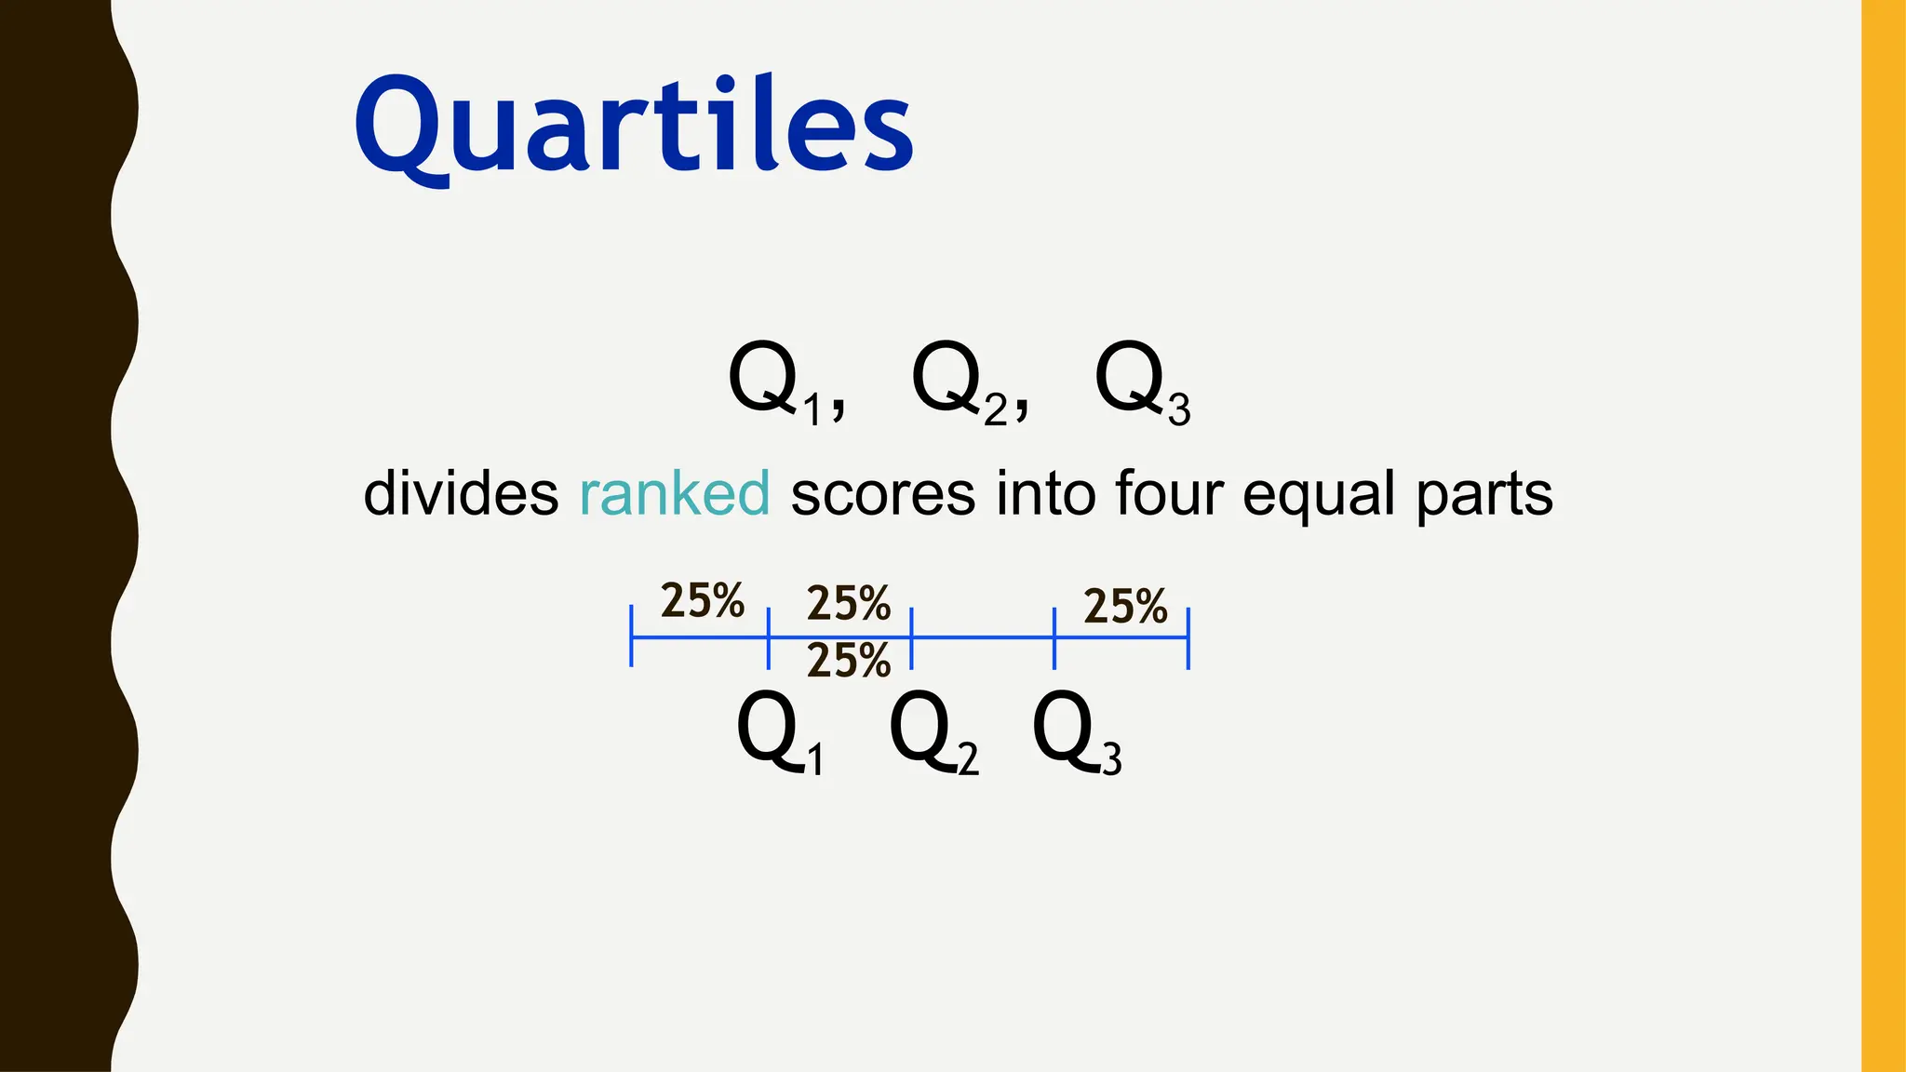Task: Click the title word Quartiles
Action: click(633, 126)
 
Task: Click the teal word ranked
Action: click(675, 493)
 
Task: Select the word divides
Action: click(461, 493)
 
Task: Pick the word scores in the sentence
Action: click(882, 493)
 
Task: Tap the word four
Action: click(1168, 493)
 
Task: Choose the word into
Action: click(1045, 493)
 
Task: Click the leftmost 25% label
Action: click(702, 600)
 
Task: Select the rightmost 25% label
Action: click(1125, 606)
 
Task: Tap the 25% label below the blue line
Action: click(849, 661)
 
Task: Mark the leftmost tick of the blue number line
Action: click(631, 636)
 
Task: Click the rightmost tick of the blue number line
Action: click(1188, 638)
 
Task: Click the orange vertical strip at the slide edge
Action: click(1884, 536)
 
